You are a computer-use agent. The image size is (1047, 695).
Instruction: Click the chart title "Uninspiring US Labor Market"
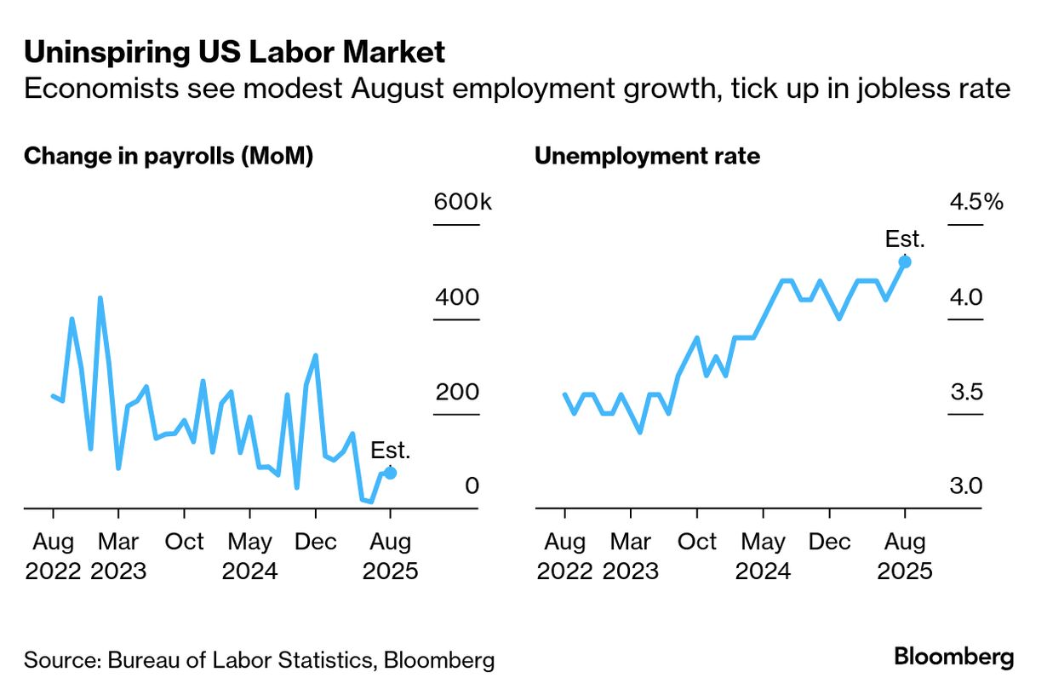point(234,53)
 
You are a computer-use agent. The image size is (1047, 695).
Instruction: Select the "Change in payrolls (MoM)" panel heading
point(169,157)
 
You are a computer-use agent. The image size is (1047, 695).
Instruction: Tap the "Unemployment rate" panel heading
point(647,157)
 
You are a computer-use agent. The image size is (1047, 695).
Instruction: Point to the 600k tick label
point(463,203)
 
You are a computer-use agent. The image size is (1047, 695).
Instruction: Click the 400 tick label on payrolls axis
point(457,298)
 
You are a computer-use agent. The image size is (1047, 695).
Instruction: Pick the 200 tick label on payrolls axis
point(457,393)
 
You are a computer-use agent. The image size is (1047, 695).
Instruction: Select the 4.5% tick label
point(976,203)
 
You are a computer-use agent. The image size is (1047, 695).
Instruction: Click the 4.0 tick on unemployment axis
point(966,298)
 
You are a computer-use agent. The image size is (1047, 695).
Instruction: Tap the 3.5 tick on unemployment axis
point(966,393)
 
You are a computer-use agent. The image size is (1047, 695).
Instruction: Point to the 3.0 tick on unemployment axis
point(966,486)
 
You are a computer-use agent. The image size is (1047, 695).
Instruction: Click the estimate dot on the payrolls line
point(390,473)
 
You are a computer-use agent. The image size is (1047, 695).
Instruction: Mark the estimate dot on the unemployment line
point(905,261)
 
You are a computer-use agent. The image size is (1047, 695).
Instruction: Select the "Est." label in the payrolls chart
point(390,451)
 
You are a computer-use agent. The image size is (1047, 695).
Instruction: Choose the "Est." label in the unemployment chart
point(905,239)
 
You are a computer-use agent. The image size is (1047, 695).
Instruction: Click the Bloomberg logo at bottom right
point(953,658)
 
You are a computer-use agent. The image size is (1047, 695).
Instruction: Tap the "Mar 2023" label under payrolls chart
point(118,556)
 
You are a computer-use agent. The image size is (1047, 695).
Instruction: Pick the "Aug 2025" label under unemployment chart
point(905,556)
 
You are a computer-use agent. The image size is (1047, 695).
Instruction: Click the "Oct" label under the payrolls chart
point(184,543)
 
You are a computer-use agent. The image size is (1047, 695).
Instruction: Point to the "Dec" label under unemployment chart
point(830,543)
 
